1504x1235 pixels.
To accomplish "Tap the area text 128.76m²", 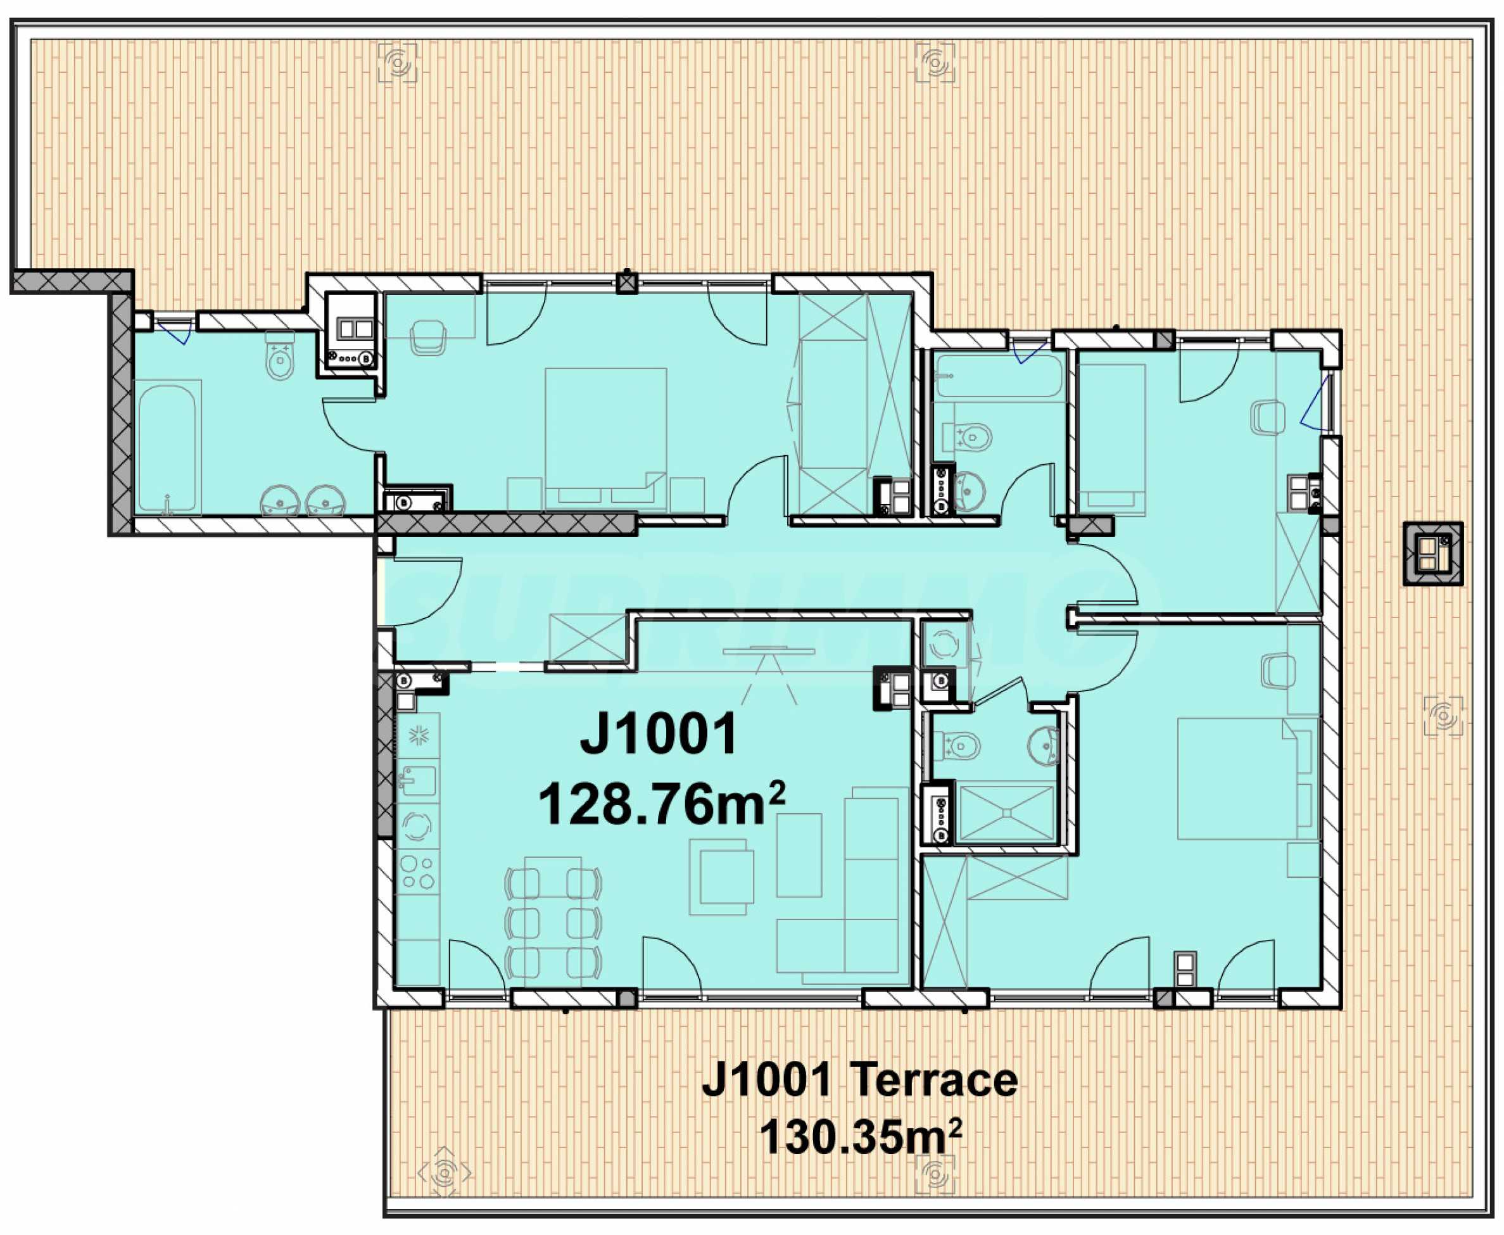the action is [662, 804].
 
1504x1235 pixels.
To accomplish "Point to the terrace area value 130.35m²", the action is [860, 1137].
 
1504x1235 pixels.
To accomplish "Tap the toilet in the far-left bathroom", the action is [280, 355].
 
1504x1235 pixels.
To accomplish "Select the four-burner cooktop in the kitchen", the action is [417, 872].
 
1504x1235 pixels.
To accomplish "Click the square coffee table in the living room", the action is [720, 877].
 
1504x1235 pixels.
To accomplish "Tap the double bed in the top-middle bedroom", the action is [605, 439].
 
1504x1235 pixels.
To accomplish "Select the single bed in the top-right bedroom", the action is [1111, 440].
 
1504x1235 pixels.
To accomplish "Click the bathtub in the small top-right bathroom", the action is [998, 375].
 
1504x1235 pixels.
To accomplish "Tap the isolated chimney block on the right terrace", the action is [1432, 554].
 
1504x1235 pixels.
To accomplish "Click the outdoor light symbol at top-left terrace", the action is [398, 63].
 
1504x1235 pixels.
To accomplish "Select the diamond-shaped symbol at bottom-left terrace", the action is [444, 1173].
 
